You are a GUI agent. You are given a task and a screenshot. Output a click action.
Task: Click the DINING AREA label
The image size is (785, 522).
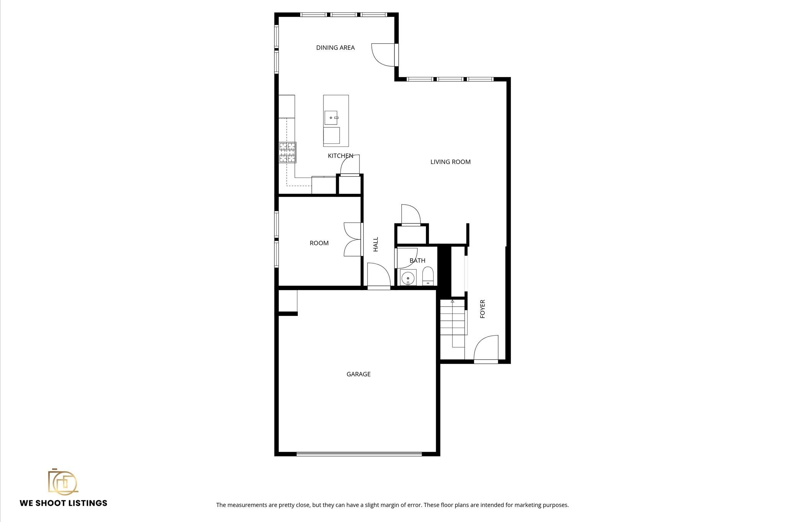335,48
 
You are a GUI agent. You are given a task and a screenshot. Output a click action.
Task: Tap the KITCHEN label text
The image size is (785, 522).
340,156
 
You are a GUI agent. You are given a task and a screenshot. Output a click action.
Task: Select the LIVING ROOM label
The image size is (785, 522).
450,162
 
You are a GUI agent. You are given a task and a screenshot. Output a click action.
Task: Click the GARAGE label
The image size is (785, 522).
358,374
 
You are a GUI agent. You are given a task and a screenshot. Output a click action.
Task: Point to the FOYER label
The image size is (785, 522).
483,309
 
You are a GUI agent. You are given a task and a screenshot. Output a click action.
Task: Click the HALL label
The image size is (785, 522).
376,244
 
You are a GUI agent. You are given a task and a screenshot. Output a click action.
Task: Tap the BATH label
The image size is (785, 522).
417,261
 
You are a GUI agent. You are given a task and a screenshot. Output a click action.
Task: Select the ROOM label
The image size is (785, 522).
319,243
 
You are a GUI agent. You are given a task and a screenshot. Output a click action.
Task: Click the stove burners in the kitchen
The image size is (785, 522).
287,152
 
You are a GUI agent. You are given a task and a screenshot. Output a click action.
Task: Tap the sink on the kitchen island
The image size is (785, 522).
331,118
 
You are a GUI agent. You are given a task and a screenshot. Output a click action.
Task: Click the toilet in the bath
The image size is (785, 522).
428,276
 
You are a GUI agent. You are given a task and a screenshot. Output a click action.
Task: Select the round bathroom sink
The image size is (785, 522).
408,277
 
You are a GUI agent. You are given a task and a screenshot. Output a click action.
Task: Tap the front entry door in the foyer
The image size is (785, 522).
486,349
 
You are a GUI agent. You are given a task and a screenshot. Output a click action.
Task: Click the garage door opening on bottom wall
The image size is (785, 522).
359,454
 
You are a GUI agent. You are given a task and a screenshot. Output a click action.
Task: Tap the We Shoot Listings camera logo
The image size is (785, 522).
63,481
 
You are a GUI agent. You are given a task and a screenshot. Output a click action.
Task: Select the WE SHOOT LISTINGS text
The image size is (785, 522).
64,503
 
